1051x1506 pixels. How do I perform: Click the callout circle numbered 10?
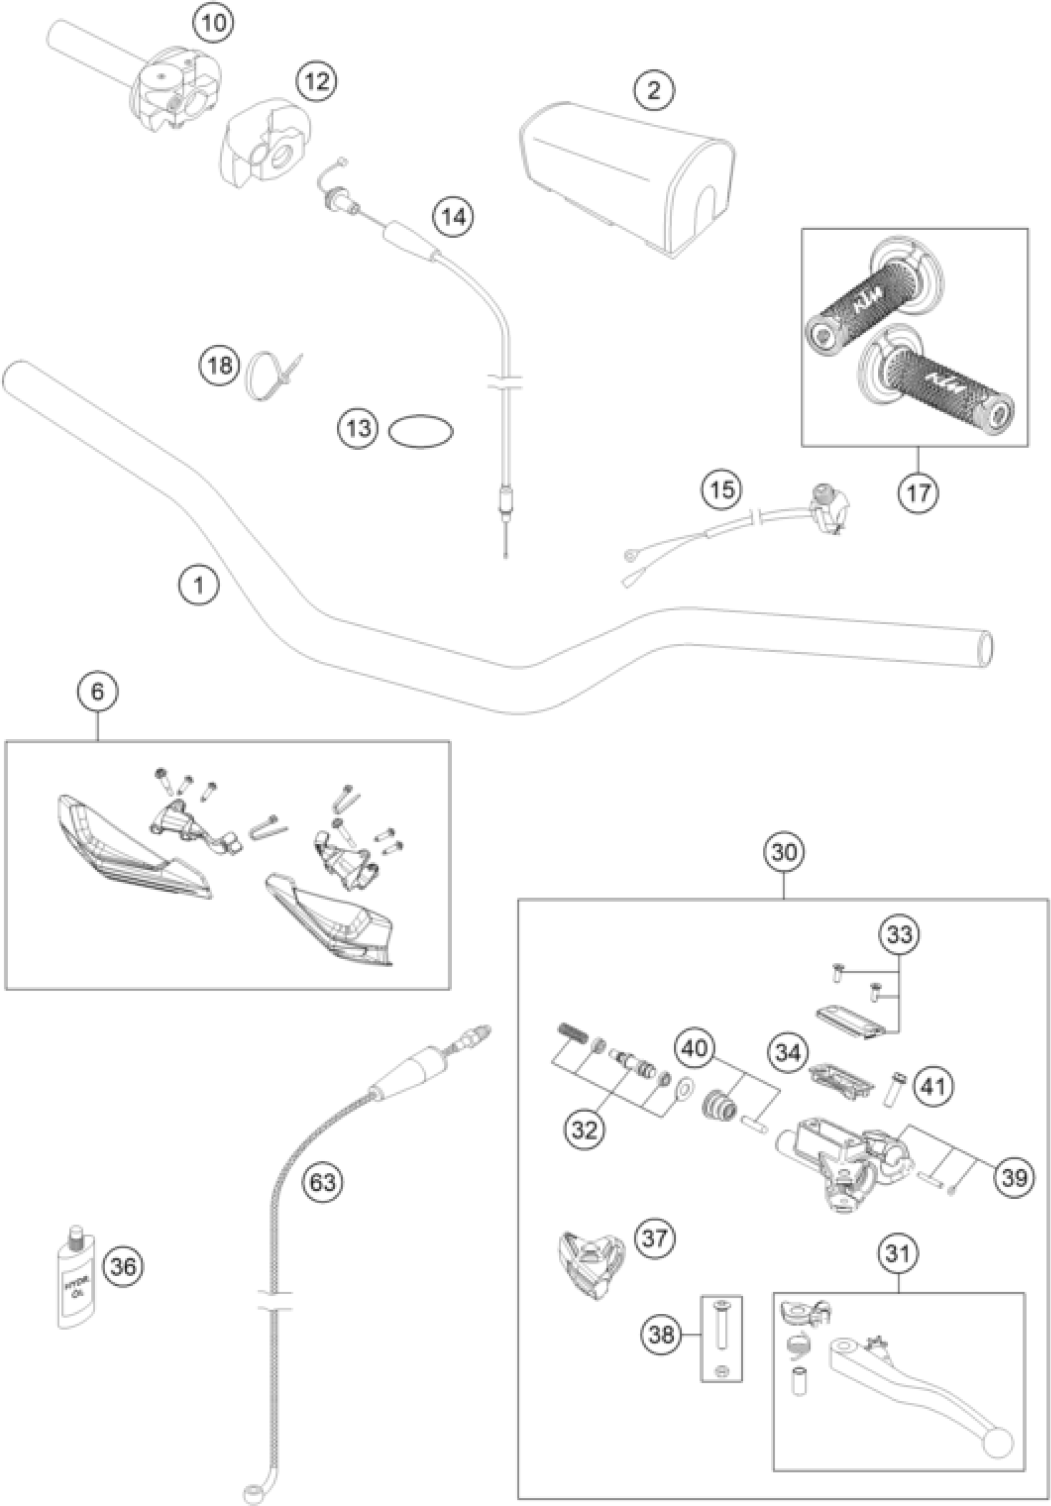point(214,23)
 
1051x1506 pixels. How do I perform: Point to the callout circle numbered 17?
point(919,491)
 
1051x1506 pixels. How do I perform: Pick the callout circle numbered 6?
point(98,692)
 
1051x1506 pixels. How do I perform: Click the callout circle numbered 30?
point(785,852)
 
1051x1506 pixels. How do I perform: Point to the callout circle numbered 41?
point(934,1087)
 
